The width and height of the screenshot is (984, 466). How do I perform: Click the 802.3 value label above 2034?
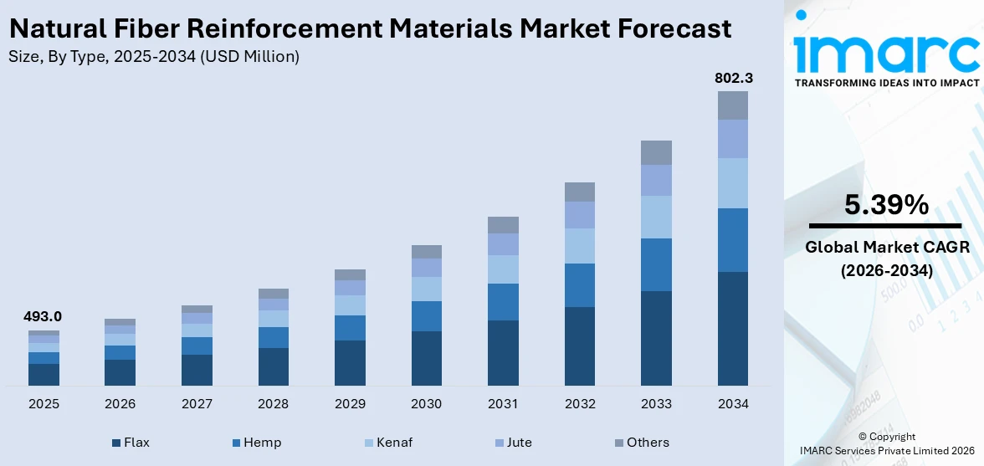(x=733, y=78)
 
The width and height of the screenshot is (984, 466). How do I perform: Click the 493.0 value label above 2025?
(x=44, y=317)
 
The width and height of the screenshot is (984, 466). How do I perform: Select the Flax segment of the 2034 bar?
(x=733, y=328)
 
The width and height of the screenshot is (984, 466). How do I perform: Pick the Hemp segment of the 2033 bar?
(x=656, y=264)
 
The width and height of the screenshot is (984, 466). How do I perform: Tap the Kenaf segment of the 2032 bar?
(x=579, y=246)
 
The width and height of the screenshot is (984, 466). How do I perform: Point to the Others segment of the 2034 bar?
(x=733, y=105)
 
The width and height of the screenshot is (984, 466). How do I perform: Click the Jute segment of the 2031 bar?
(x=503, y=244)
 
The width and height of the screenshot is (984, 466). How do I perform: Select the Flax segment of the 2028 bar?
(x=274, y=366)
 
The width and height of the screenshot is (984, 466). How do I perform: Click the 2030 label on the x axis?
(x=426, y=404)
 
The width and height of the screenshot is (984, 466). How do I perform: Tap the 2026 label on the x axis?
(x=120, y=404)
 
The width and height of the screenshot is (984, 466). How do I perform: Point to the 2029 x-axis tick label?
(x=350, y=404)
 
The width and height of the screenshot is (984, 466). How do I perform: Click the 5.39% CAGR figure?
(x=885, y=205)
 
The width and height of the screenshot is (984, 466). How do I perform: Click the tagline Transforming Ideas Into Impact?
(x=886, y=83)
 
